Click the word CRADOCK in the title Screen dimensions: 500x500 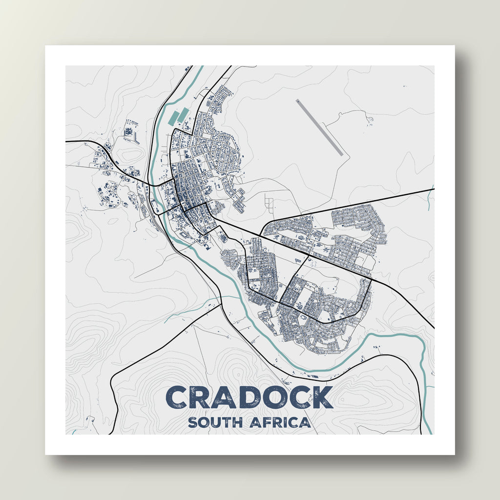[x=250, y=397]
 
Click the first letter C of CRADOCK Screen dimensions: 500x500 [x=178, y=397]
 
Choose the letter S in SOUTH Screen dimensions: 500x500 [x=192, y=422]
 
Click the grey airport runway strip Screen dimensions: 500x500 [x=319, y=127]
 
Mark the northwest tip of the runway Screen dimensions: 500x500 [x=297, y=101]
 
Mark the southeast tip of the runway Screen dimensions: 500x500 [x=341, y=155]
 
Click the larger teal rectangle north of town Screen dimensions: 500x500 [x=173, y=118]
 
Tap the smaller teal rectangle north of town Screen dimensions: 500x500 [x=183, y=115]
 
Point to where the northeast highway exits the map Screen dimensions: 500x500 [x=433, y=189]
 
